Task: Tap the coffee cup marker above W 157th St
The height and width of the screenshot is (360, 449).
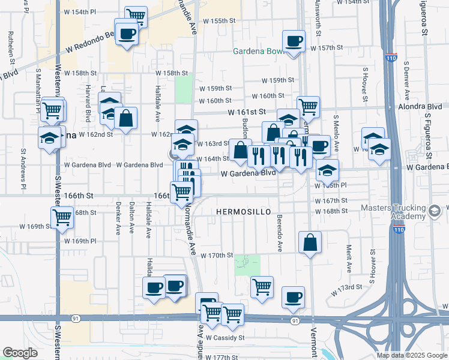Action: point(294,42)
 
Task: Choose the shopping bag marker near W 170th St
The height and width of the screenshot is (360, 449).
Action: point(310,244)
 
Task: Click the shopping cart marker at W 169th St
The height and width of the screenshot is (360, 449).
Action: point(62,218)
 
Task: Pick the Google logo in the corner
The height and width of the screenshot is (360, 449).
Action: point(20,352)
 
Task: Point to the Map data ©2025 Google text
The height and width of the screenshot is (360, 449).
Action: point(411,355)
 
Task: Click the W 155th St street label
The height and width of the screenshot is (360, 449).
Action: point(218,20)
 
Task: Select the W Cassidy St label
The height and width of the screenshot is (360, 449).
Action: point(225,338)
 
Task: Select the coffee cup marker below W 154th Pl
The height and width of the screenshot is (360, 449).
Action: point(127,34)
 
